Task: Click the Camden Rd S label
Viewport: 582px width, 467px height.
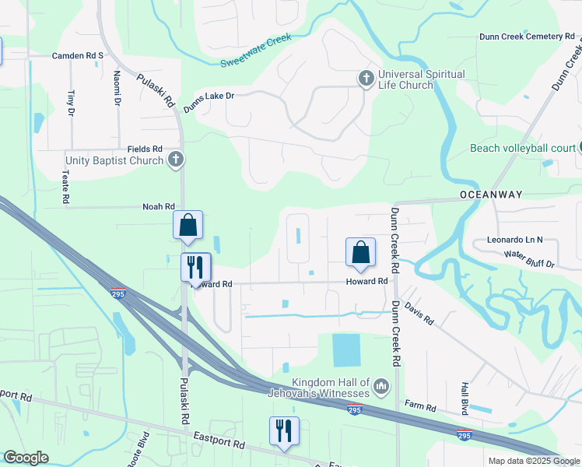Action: tap(77, 56)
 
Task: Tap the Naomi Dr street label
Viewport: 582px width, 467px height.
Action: tap(117, 87)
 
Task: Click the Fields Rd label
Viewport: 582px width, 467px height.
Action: tap(145, 149)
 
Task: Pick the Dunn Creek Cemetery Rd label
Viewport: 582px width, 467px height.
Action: tap(521, 37)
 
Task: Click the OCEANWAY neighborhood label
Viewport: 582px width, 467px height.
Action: tap(490, 194)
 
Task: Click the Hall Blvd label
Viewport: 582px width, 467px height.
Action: tap(465, 398)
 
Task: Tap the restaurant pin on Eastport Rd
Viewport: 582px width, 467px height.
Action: tap(284, 430)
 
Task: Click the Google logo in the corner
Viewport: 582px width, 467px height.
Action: tap(26, 458)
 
